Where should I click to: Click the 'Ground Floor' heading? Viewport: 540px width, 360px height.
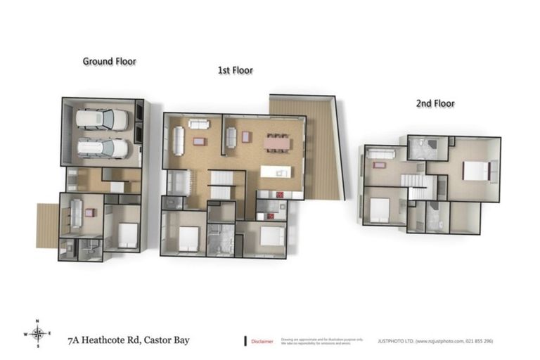tap(109, 61)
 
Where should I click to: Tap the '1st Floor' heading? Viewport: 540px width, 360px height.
tap(235, 70)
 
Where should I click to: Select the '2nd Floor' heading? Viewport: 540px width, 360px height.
tap(435, 103)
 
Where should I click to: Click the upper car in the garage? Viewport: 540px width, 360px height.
tap(102, 119)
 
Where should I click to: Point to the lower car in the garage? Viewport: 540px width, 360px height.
tap(102, 148)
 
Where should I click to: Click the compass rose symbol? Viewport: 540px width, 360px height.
tap(39, 334)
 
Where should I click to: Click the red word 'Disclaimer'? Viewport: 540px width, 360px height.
tap(262, 341)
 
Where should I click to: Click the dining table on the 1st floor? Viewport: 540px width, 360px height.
tap(276, 143)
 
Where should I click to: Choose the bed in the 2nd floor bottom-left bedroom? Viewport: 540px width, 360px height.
tap(380, 208)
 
